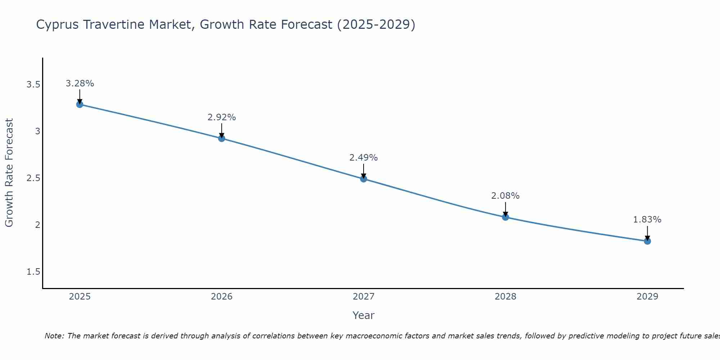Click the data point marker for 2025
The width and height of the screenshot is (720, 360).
click(80, 104)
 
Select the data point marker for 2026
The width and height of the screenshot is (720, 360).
click(221, 138)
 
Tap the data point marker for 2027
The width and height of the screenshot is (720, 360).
click(363, 179)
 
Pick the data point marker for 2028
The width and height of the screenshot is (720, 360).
click(505, 217)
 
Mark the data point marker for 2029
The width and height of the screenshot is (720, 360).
click(647, 241)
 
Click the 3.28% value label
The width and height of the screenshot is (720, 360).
click(80, 84)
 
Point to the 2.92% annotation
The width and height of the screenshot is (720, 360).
click(221, 117)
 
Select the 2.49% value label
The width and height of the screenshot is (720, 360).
click(363, 158)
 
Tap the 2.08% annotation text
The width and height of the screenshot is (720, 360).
click(505, 196)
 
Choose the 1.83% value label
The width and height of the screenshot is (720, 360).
click(647, 220)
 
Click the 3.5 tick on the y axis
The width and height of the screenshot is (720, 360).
click(33, 85)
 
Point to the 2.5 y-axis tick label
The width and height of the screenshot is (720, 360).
click(33, 178)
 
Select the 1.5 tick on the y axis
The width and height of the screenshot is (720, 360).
click(33, 272)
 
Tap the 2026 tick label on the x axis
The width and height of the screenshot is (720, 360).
click(221, 297)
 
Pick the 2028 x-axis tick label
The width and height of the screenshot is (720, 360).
click(505, 297)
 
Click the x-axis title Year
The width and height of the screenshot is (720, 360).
click(363, 315)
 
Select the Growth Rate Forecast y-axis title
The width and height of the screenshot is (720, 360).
click(9, 173)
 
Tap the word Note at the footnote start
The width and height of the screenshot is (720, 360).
click(54, 336)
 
